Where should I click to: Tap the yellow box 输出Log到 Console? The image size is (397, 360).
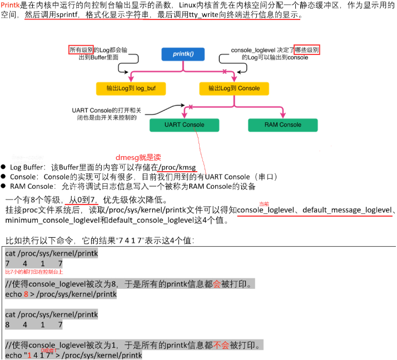click(x=234, y=88)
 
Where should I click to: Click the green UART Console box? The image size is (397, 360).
click(x=184, y=124)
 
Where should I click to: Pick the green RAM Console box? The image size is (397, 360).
click(x=282, y=124)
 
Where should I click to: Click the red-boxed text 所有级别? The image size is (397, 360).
click(x=81, y=51)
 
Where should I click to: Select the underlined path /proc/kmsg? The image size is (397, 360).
click(x=177, y=167)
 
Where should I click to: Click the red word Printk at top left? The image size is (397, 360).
click(x=10, y=5)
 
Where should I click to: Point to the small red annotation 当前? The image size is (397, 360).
click(x=264, y=204)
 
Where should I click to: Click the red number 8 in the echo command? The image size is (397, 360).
click(x=26, y=294)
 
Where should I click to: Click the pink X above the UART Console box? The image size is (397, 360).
click(x=190, y=106)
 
